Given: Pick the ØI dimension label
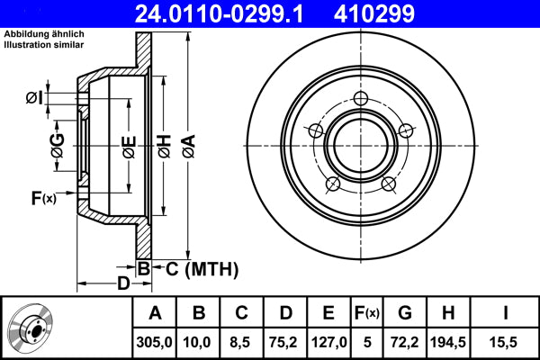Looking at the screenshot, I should (33, 97).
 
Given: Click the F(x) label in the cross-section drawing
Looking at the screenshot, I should (43, 198).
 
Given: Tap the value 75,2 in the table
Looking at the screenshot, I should (285, 342).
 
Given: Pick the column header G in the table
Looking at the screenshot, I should (404, 313).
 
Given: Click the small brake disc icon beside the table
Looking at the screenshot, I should (34, 328).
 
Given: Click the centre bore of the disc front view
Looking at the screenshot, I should (360, 145).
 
